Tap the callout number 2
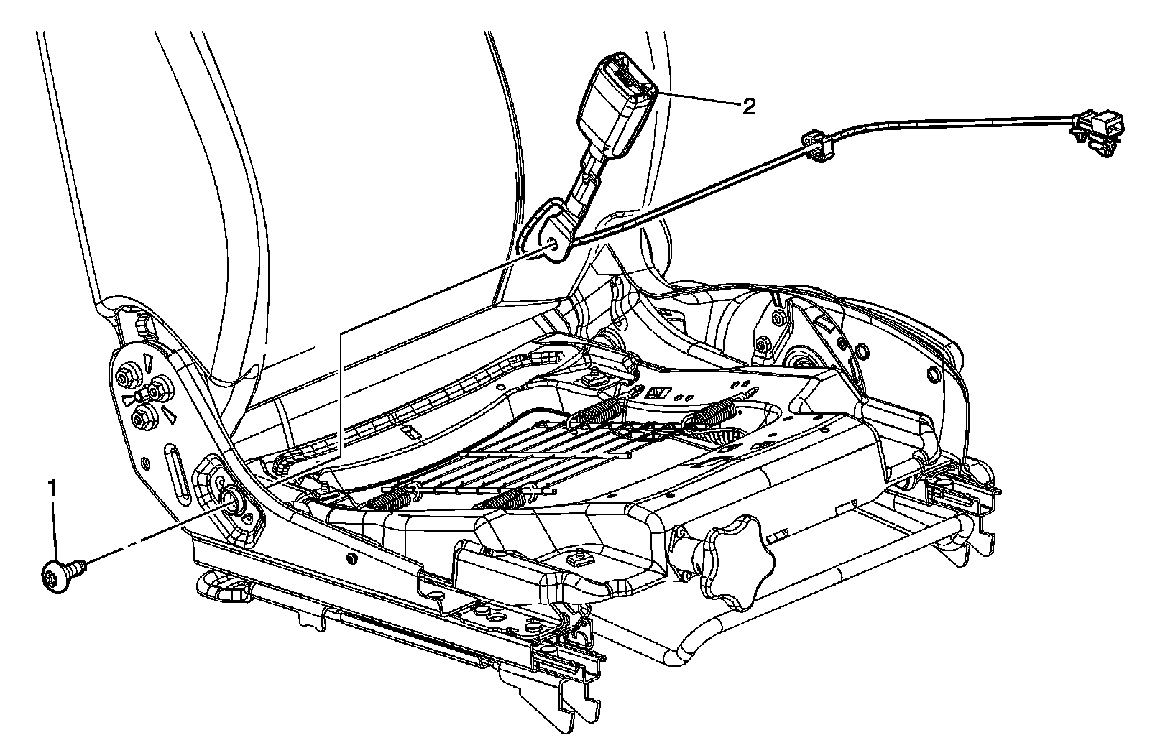coord(749,108)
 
